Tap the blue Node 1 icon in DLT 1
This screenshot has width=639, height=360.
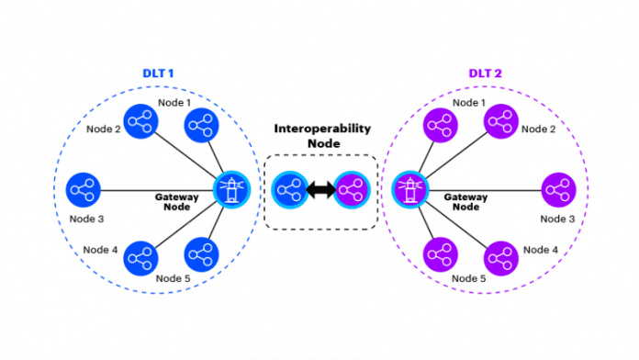[200, 126]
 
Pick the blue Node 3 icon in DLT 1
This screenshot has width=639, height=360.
[84, 190]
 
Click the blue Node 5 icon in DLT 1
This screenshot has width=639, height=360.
[200, 254]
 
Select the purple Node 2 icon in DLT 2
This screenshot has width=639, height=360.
[500, 122]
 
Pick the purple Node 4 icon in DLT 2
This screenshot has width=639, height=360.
[500, 257]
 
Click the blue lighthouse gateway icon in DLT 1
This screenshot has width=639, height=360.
[230, 190]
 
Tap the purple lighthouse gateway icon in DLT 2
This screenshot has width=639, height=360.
[409, 190]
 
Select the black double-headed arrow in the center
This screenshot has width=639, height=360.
[319, 191]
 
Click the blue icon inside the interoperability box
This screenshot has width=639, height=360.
[289, 191]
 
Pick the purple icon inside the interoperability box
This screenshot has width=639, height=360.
[350, 191]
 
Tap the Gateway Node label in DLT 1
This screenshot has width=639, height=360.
[177, 203]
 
